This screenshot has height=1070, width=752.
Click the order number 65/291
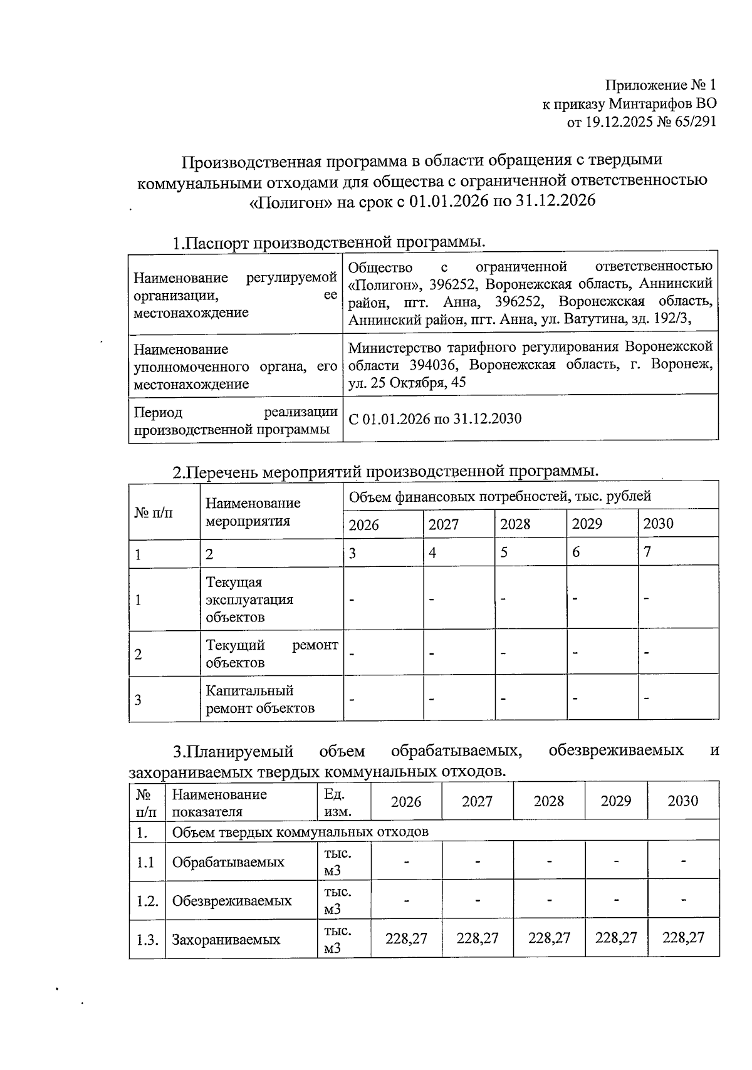point(693,122)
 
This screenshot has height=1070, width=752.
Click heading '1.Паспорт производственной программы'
point(330,242)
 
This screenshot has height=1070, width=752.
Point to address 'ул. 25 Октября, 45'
point(407,383)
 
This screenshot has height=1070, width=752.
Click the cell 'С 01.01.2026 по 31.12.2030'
point(435,418)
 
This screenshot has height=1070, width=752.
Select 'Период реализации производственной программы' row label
point(236,420)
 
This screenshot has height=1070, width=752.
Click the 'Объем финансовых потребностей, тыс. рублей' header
point(499,496)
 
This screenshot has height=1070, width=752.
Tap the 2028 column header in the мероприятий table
point(516,524)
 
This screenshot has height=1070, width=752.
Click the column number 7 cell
point(648,552)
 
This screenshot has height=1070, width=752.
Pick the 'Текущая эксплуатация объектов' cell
point(249,600)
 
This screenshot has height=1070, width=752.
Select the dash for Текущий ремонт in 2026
point(352,653)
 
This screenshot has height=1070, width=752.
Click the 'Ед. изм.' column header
point(337,802)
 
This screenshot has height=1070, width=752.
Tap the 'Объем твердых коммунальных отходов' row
point(300,831)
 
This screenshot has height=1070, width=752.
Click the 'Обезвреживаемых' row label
point(232,901)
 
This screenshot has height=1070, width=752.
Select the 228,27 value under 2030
point(683,938)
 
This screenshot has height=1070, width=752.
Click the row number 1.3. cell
point(147,940)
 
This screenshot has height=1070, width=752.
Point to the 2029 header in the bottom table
point(615,801)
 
